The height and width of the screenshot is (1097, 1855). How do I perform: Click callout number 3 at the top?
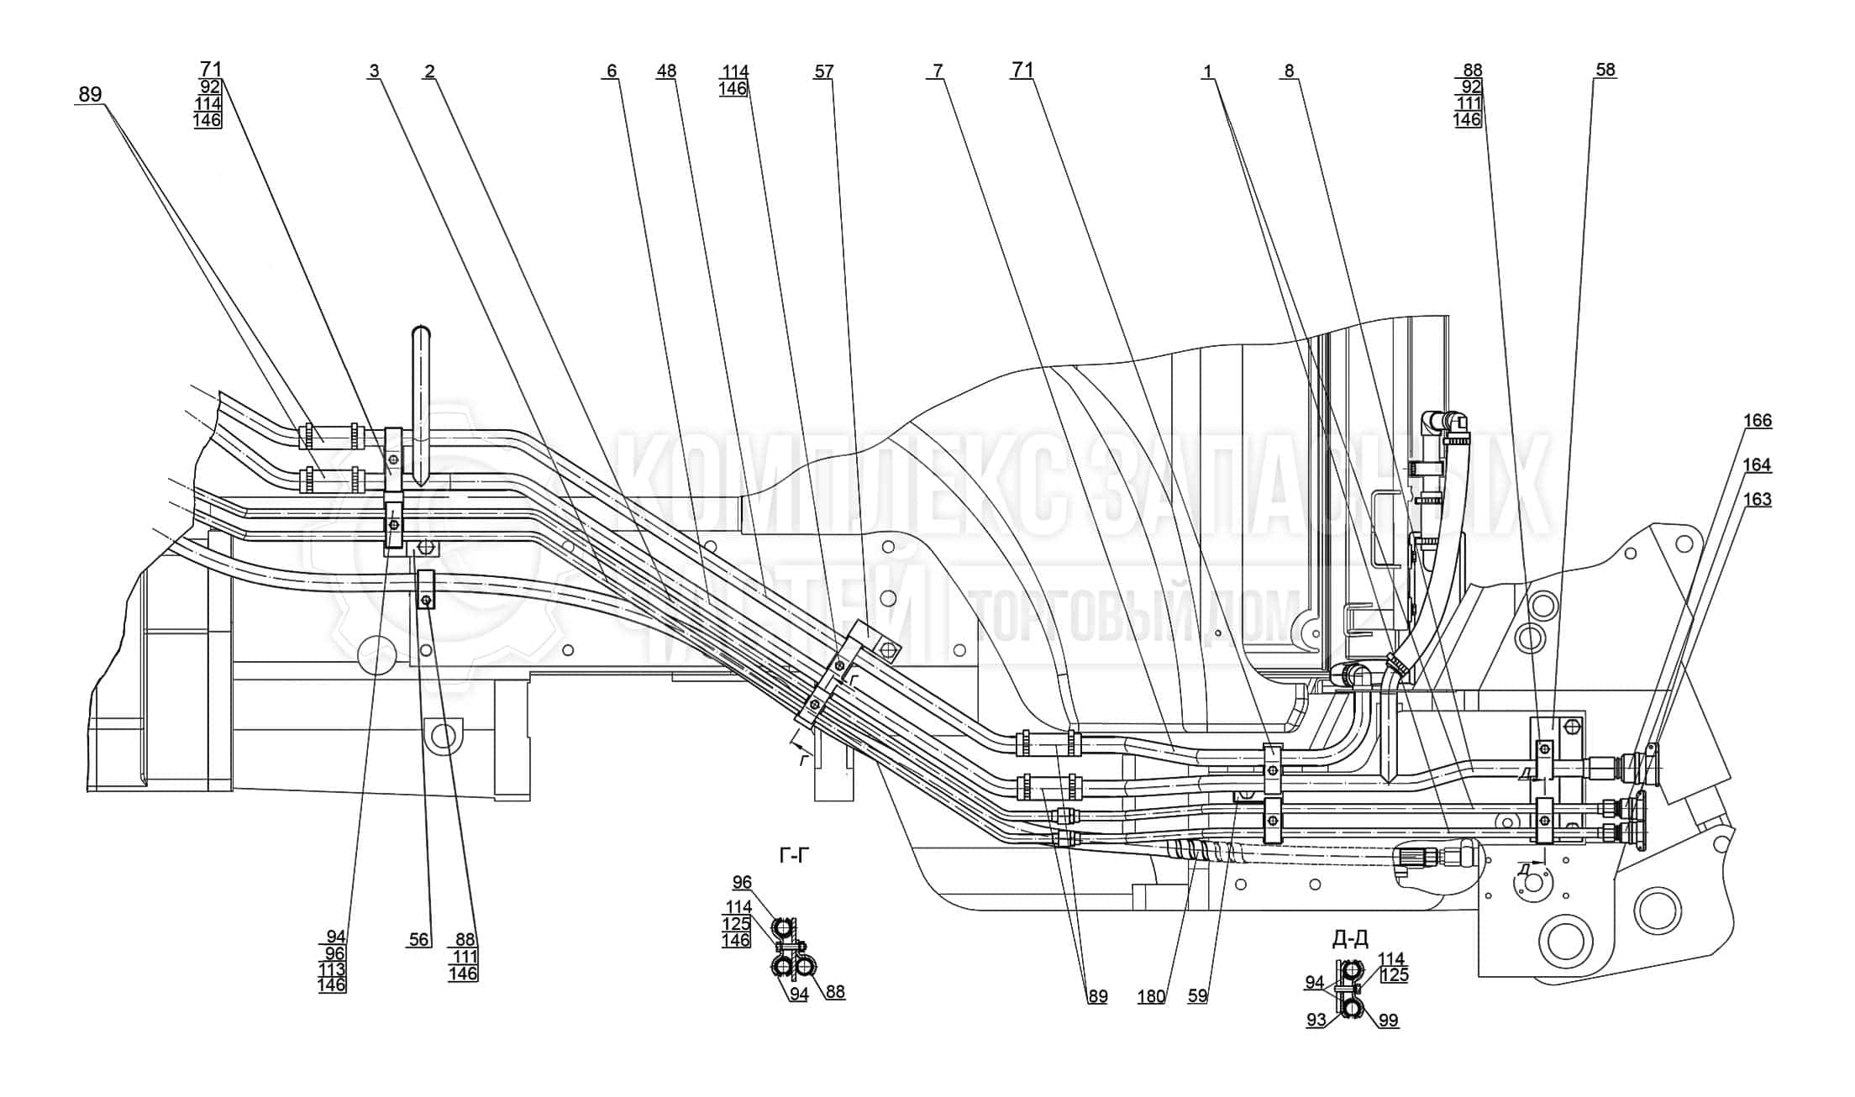tap(374, 71)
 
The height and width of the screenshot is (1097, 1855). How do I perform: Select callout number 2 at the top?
tap(430, 71)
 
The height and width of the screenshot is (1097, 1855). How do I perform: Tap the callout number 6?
tap(612, 71)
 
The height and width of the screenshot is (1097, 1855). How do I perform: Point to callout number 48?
tap(666, 71)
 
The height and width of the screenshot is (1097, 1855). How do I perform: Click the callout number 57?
tap(823, 71)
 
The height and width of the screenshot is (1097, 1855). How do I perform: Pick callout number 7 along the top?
tap(938, 71)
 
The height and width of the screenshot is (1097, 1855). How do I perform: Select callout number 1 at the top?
tap(1207, 71)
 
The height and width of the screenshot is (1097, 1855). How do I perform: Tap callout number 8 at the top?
tap(1289, 71)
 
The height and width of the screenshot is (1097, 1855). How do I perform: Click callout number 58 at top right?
tap(1605, 70)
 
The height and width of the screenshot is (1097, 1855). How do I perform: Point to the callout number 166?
tap(1757, 420)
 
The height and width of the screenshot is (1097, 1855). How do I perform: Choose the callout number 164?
tap(1757, 465)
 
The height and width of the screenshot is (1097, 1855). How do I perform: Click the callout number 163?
tap(1757, 499)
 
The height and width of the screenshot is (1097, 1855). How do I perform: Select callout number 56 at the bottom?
tap(418, 940)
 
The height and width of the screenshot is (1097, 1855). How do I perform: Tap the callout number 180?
tap(1151, 997)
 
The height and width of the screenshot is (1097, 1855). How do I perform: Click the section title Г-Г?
tap(795, 856)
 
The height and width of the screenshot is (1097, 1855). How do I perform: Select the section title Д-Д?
tap(1350, 938)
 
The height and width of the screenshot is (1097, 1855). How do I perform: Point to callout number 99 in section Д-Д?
tap(1389, 1021)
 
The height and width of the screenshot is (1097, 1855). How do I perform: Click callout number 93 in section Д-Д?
tap(1316, 1020)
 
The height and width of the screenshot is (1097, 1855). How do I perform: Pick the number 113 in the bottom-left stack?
tap(333, 969)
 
